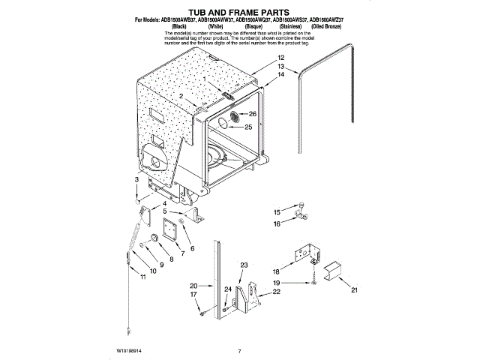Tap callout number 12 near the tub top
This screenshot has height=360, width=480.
(x=280, y=58)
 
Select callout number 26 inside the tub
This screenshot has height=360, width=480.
(x=253, y=114)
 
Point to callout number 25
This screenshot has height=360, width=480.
(x=248, y=127)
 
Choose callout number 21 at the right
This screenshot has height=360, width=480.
(x=355, y=289)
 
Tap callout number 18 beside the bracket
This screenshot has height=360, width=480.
(x=276, y=271)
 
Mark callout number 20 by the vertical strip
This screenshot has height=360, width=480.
(x=193, y=286)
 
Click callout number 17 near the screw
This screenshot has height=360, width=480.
(x=193, y=295)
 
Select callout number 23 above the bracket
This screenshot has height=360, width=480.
(x=244, y=265)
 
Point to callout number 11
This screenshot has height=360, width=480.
(x=143, y=278)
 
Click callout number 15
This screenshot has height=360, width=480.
(x=276, y=212)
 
